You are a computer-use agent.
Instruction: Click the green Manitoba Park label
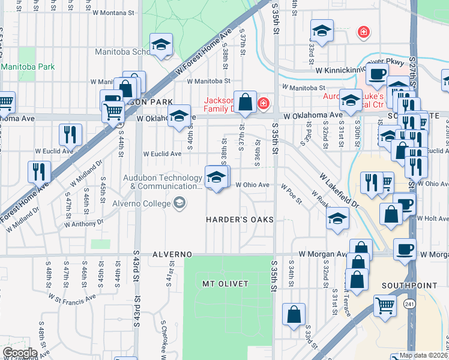point(27,67)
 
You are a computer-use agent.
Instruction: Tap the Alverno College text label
point(140,203)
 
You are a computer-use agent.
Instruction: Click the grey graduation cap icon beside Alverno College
point(179,203)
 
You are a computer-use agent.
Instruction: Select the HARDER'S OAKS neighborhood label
point(240,220)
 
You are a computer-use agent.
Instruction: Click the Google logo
point(20,353)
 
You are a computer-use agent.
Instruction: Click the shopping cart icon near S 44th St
point(113,111)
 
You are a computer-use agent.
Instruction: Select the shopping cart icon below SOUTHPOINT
point(385,305)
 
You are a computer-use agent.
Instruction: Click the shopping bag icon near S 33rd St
point(294,314)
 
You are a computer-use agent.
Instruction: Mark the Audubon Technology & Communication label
point(162,182)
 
